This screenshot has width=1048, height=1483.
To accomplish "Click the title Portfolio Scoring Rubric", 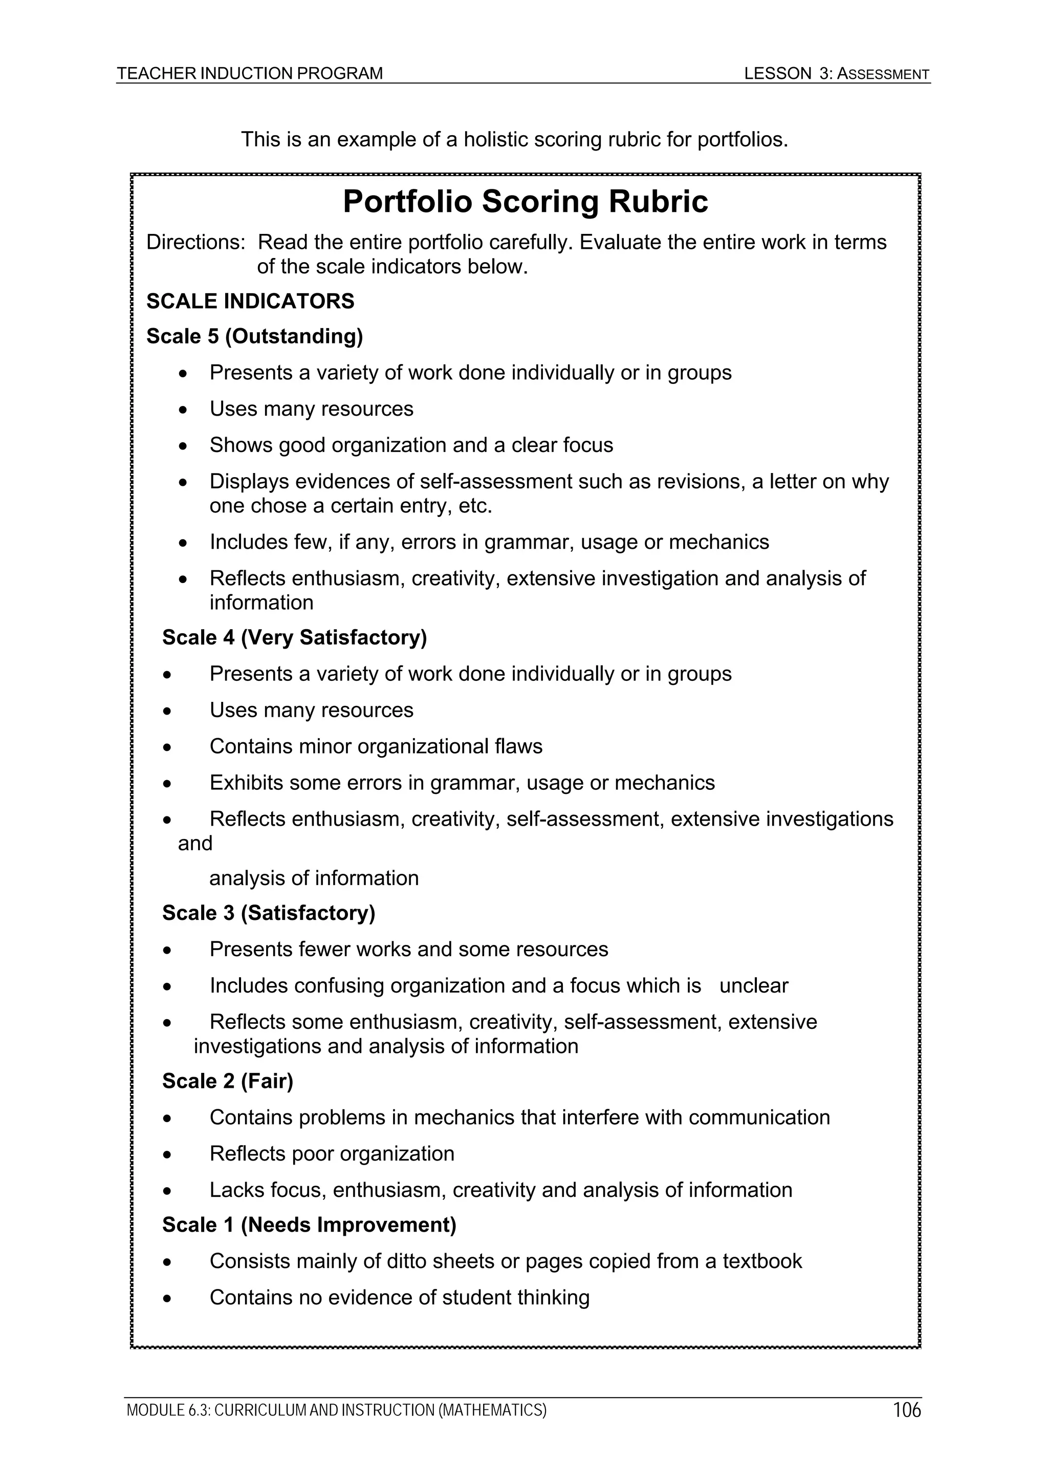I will (525, 202).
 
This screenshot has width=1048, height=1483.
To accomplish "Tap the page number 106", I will (907, 1410).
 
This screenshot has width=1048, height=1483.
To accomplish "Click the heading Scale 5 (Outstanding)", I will (254, 336).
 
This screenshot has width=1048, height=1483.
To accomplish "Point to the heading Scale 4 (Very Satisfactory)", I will (294, 637).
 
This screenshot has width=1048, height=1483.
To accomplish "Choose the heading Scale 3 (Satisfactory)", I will (269, 913).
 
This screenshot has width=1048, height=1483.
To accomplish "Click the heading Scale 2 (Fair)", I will (227, 1081).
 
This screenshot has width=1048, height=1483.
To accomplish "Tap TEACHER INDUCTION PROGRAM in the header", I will (249, 74).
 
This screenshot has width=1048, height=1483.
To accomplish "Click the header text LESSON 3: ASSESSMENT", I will (836, 74).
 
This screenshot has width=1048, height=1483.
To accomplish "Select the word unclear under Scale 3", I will (754, 985).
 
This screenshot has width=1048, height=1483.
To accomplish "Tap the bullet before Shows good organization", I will (184, 446).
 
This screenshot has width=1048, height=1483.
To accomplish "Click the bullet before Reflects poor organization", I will (167, 1154).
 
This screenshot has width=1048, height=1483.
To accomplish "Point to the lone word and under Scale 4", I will (194, 844).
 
